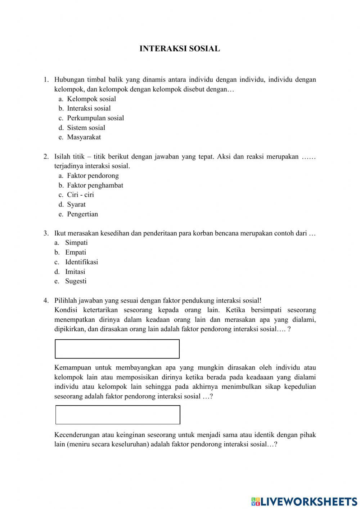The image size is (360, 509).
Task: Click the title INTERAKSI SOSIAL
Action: click(180, 49)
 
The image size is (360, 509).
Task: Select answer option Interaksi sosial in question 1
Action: click(89, 108)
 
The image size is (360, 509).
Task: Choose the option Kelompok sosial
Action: click(91, 99)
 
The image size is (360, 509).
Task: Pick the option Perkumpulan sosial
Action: click(95, 118)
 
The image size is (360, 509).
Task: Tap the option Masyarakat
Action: click(84, 137)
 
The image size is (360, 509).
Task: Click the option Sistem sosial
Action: click(86, 128)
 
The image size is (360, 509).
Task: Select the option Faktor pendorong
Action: click(93, 176)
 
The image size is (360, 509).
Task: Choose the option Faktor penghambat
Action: click(95, 186)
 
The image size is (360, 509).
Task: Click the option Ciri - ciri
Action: click(80, 195)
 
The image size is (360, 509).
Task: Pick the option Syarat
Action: click(76, 205)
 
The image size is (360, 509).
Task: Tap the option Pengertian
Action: click(82, 214)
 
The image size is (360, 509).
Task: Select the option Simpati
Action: click(76, 243)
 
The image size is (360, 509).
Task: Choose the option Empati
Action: click(76, 253)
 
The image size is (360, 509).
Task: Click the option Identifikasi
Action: click(81, 262)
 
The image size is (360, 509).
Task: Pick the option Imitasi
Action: click(75, 272)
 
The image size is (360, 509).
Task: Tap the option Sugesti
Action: click(76, 281)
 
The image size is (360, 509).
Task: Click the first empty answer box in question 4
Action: click(117, 349)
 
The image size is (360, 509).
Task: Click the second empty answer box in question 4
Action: click(118, 415)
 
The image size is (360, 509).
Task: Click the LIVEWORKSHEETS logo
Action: click(304, 501)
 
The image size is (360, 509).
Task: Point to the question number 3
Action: click(46, 233)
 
